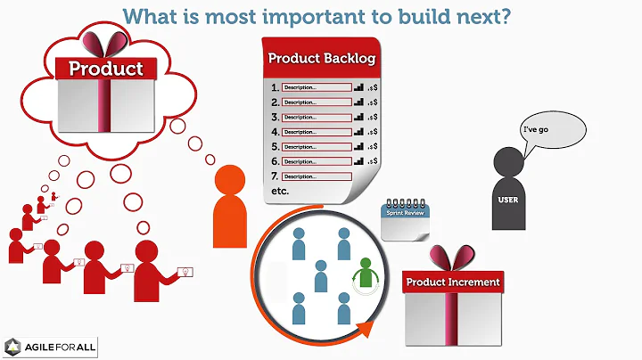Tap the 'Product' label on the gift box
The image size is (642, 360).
(x=106, y=69)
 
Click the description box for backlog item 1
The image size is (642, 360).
(x=316, y=87)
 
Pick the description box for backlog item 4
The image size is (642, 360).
(x=316, y=132)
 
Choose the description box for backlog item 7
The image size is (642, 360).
(x=316, y=176)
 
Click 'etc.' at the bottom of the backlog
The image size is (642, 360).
(x=280, y=192)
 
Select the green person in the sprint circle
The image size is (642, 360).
(x=364, y=273)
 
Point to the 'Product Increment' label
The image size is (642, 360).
(x=453, y=282)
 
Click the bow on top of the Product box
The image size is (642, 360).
(x=106, y=42)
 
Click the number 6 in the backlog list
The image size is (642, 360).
(x=274, y=161)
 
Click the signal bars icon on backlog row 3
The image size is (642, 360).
(x=359, y=118)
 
